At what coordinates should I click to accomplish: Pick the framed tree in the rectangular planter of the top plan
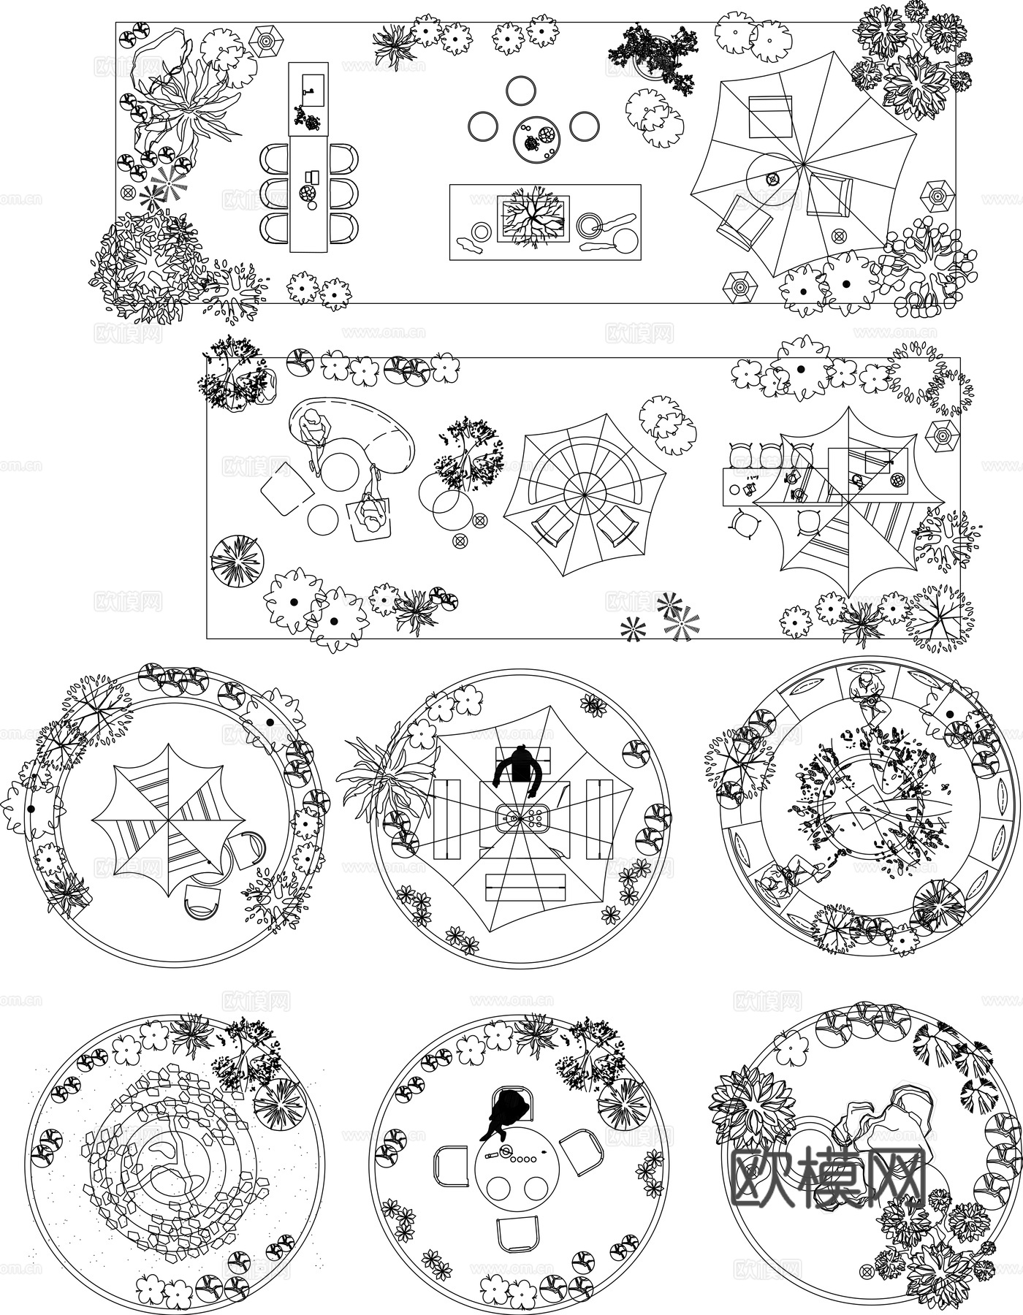pyautogui.click(x=533, y=218)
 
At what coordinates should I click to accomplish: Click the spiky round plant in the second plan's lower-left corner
pyautogui.click(x=236, y=561)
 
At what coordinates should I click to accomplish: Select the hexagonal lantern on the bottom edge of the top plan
pyautogui.click(x=739, y=286)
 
